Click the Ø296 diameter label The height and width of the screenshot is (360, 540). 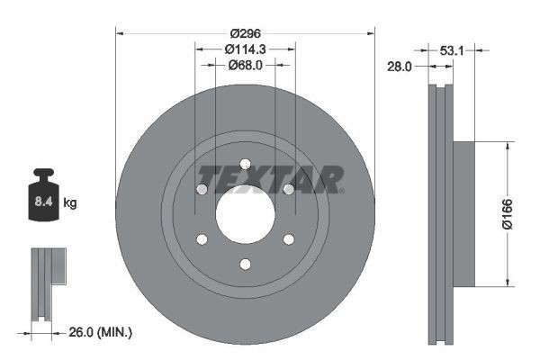tap(245, 32)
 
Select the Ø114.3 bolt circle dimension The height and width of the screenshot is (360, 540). tap(245, 49)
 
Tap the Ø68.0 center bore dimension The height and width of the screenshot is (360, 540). tap(245, 65)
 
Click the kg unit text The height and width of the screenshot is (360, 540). tap(70, 203)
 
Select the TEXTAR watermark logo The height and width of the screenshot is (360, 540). tap(270, 179)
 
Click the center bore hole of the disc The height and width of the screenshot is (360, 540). tap(245, 216)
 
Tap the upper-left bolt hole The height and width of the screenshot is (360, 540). tap(202, 189)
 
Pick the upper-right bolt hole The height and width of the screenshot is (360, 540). tap(288, 189)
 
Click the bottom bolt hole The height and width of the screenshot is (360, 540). tap(245, 264)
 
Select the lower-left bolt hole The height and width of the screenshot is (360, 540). tap(202, 239)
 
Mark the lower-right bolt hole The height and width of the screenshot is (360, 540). tap(288, 239)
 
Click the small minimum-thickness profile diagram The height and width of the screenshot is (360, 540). tap(43, 283)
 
